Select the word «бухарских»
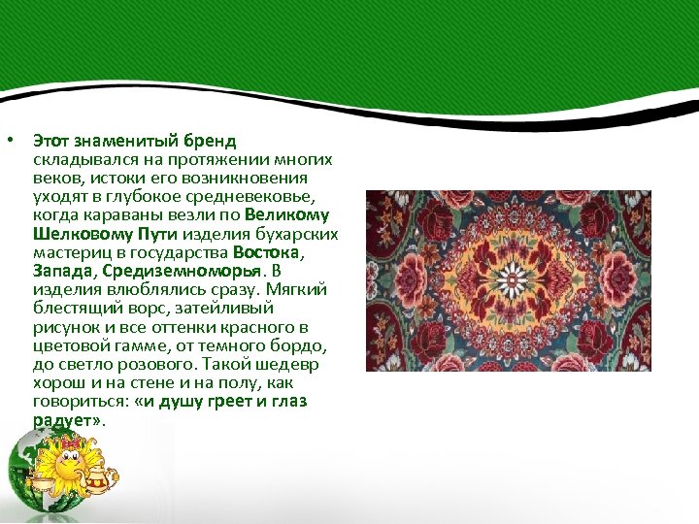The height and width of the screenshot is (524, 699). [300, 234]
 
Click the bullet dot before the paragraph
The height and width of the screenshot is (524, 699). [9, 142]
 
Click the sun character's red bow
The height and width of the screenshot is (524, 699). [71, 443]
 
